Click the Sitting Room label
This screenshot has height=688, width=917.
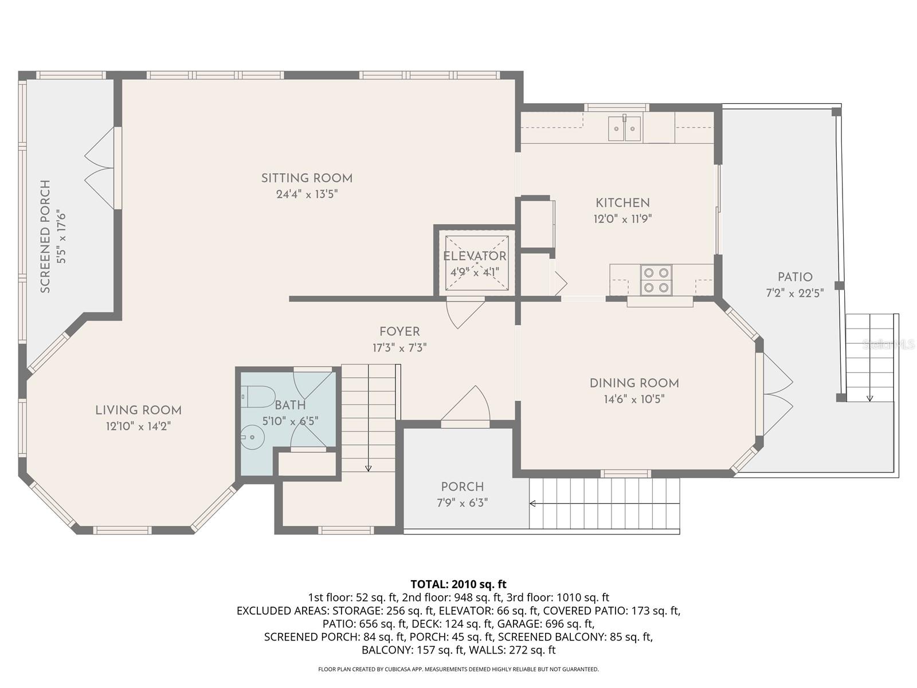pos(307,178)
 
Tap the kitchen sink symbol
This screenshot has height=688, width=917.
pos(625,128)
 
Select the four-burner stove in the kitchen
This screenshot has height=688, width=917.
pos(656,280)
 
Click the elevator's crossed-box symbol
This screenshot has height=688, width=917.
pos(477,263)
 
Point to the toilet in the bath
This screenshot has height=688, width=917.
pos(258,396)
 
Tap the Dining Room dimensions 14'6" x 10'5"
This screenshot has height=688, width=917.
pos(634,399)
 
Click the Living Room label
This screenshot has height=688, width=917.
pos(138,411)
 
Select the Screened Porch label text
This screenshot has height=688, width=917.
pos(46,236)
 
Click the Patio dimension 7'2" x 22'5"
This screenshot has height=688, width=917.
pos(795,293)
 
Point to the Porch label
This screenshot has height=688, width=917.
pos(462,487)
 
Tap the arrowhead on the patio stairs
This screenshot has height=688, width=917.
pos(869,398)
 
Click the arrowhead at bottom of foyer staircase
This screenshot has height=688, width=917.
pos(368,468)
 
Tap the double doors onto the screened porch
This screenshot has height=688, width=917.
pos(100,168)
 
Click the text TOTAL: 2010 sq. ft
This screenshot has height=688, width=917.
pos(458,584)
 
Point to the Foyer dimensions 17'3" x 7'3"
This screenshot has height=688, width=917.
pos(399,347)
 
